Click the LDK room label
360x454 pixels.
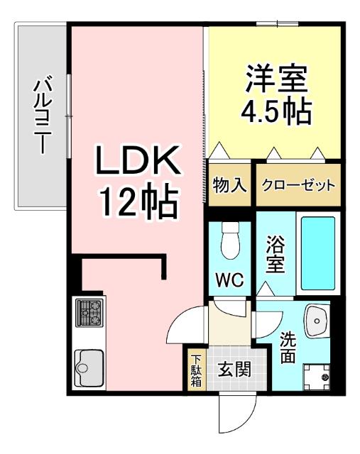[x=136, y=164]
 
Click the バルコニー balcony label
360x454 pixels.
[x=42, y=117]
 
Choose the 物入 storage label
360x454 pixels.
[x=229, y=186]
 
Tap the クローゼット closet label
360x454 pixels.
[x=298, y=187]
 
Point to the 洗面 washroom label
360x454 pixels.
[x=288, y=347]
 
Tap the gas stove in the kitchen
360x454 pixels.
[x=89, y=311]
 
